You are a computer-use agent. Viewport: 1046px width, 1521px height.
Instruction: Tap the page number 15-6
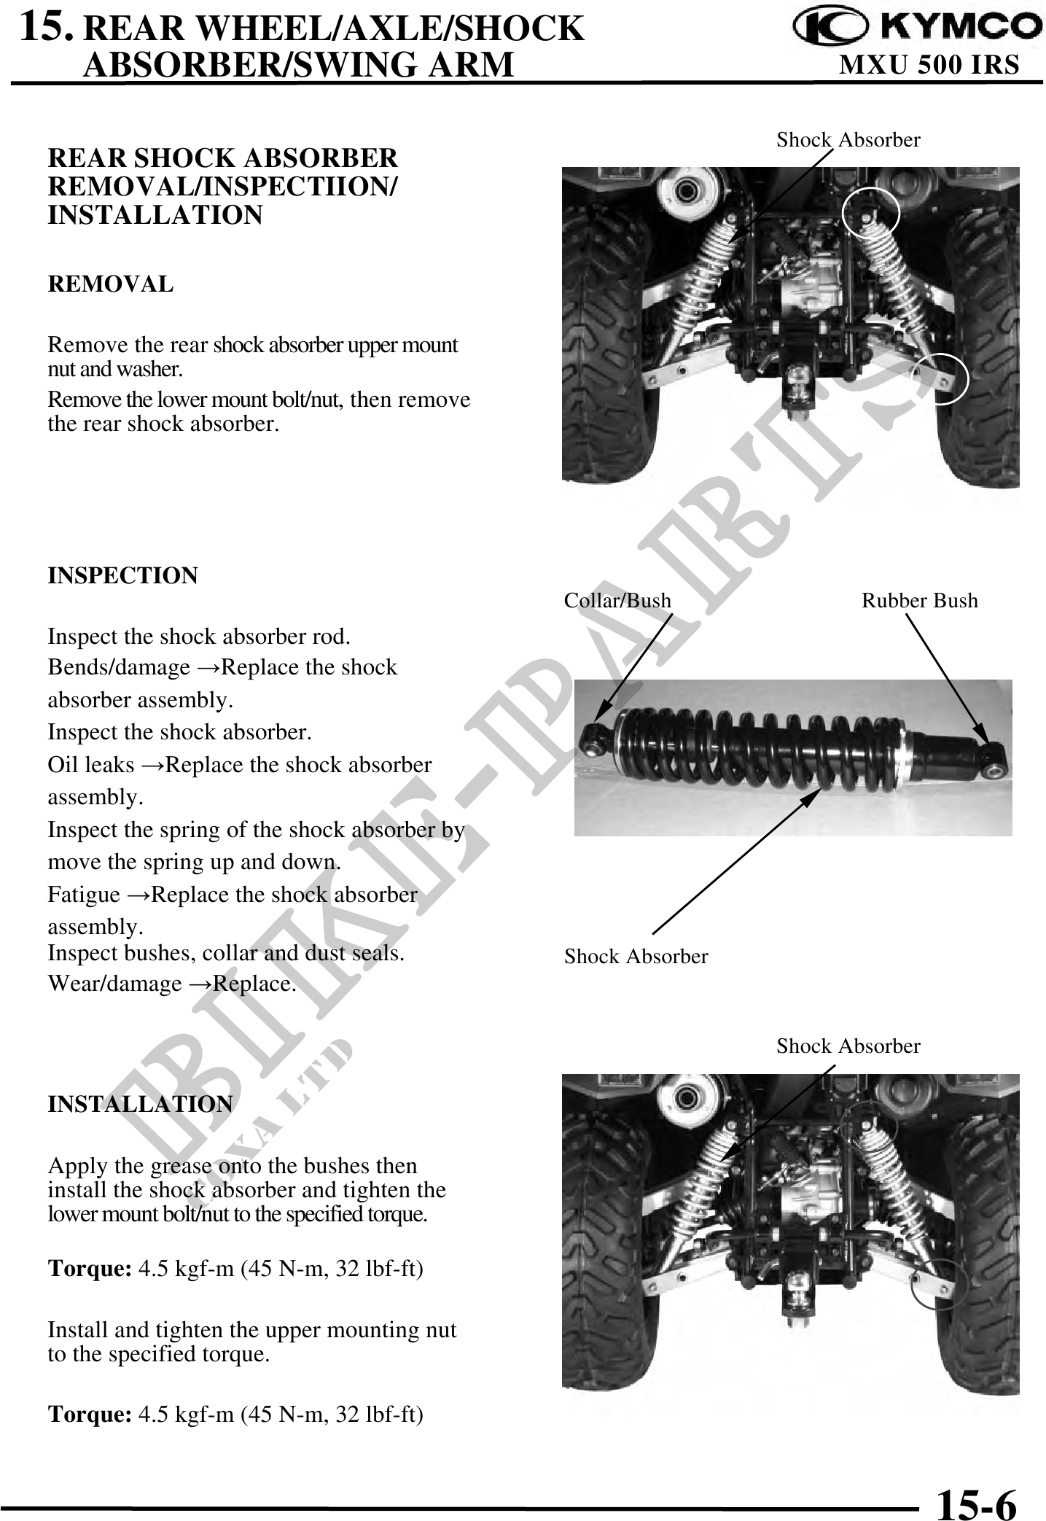[976, 1501]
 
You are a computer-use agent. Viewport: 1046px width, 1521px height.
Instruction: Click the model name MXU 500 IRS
[929, 66]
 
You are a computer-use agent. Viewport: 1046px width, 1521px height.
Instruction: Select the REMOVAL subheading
[111, 284]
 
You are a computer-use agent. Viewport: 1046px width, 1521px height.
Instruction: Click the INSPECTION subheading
[122, 575]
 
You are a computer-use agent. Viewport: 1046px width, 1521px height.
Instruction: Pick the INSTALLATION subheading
[140, 1104]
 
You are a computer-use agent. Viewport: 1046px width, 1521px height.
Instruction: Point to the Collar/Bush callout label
[617, 601]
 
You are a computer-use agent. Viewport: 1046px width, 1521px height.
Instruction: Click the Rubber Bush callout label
[919, 601]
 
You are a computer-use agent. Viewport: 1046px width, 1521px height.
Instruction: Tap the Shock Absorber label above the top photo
[848, 140]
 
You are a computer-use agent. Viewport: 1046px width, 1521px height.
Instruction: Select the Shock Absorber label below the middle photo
[636, 957]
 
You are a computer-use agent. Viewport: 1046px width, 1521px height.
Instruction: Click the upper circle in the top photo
[870, 213]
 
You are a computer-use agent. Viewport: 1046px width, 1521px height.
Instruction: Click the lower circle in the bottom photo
[939, 1284]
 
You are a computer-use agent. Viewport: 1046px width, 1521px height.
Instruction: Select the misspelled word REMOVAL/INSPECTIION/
[222, 187]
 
